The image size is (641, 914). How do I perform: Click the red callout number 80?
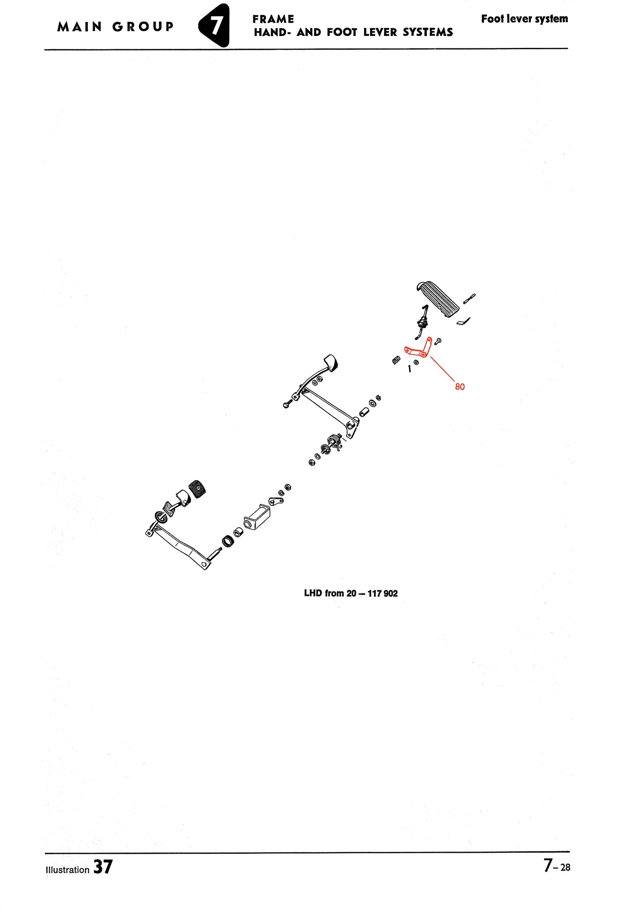(x=460, y=387)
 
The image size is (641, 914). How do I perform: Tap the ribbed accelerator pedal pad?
(x=440, y=299)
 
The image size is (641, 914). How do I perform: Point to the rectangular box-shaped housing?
(x=257, y=517)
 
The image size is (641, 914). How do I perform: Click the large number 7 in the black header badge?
(x=215, y=26)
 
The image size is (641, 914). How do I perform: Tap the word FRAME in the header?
(x=273, y=19)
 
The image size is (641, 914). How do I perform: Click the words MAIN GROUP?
(x=115, y=27)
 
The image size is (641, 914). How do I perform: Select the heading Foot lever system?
(x=524, y=19)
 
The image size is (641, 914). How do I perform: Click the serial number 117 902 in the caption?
(x=382, y=594)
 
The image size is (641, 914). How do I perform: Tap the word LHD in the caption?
(x=313, y=593)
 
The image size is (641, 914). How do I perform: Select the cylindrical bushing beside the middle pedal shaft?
(x=365, y=413)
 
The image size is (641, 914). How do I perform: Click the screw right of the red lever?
(x=438, y=341)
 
